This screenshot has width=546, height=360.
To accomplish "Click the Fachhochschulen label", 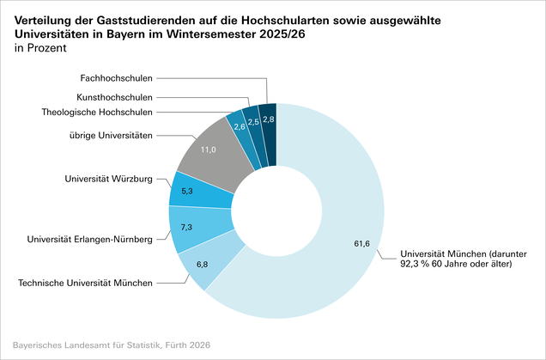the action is pos(116,78).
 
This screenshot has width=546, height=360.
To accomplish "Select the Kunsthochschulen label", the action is pos(114,97).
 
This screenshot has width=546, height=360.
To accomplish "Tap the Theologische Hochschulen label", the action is pos(97,113).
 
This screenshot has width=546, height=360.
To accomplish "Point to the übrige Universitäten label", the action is pos(111,135).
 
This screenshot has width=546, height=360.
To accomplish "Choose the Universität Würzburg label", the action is pos(109,179).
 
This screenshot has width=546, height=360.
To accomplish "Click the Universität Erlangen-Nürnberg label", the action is pos(90,240).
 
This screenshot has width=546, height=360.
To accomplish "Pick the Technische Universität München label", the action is pos(85,283).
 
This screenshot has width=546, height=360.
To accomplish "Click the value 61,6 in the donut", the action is pos(361,244).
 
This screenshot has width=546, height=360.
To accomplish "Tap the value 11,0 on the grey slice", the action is pos(209,149).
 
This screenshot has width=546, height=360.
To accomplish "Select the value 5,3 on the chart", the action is pos(187,192).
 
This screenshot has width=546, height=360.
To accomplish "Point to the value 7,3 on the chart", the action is pos(186,228).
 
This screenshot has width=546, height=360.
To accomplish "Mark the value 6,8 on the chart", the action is pos(202,265).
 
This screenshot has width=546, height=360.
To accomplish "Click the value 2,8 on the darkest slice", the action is pos(269,119).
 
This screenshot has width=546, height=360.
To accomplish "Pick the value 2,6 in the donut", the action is pos(240,127).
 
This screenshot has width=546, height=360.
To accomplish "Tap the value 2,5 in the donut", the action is pos(253,122).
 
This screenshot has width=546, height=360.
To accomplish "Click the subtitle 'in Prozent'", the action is pos(40,48).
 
